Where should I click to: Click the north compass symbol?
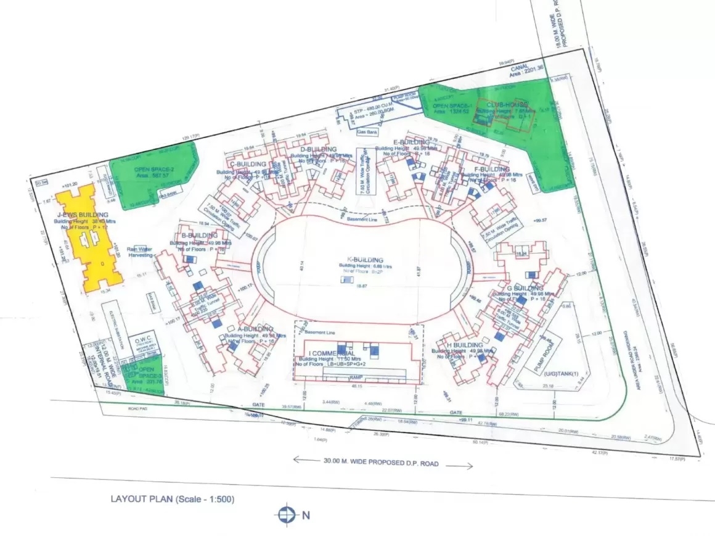[x=285, y=514]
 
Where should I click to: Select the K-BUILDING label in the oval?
[x=365, y=260]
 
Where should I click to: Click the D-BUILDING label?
[x=319, y=149]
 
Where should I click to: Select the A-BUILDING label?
[x=255, y=329]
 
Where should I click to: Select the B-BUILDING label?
[x=199, y=235]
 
